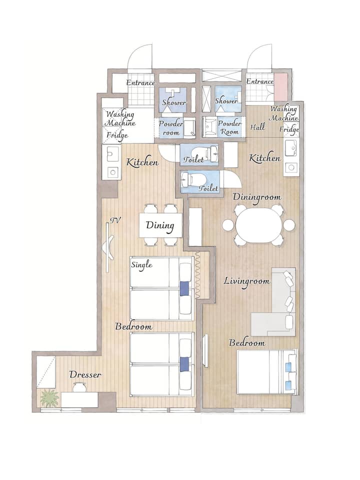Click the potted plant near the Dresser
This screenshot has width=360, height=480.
[x=49, y=398]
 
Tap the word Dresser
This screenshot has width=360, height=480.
[x=85, y=374]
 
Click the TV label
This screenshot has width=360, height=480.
[x=115, y=220]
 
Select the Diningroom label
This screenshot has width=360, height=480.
[x=257, y=197]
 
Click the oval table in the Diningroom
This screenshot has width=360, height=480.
[x=258, y=225]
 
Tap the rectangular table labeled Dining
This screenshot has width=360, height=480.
[x=160, y=225]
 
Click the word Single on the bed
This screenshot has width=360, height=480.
[x=141, y=264]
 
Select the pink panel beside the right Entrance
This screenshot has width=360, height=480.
[x=280, y=87]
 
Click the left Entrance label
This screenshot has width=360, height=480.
[x=140, y=82]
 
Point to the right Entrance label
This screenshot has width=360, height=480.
[x=260, y=81]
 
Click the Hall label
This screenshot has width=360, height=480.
[x=258, y=127]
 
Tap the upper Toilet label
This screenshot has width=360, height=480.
[x=193, y=159]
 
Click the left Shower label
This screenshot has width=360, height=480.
[x=174, y=102]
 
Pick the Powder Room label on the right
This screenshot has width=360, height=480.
[x=229, y=127]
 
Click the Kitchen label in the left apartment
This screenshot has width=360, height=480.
[x=142, y=162]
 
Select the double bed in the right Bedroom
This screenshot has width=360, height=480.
[x=267, y=372]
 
